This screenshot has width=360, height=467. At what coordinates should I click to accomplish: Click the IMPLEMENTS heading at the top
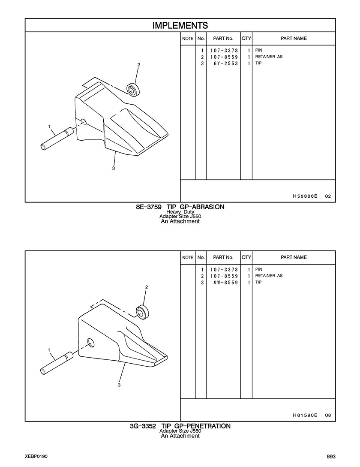click(x=180, y=25)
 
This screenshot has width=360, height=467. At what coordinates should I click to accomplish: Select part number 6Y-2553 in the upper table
click(x=226, y=63)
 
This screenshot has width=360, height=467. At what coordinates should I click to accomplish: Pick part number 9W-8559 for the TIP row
click(x=226, y=282)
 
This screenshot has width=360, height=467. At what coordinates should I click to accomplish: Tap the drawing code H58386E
click(x=305, y=196)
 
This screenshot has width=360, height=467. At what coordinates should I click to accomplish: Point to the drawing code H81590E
click(x=305, y=415)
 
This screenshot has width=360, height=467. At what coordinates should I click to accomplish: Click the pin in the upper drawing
click(x=57, y=138)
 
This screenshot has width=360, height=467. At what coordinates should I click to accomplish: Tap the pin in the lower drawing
click(x=57, y=363)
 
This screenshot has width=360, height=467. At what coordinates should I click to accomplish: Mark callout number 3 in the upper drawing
click(x=114, y=168)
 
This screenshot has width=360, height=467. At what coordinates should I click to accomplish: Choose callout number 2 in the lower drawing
click(x=147, y=287)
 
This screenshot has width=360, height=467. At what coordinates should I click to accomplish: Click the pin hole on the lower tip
click(x=90, y=343)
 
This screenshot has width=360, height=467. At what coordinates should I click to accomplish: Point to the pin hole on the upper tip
click(x=84, y=121)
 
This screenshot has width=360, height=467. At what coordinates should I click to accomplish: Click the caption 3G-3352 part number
click(x=143, y=426)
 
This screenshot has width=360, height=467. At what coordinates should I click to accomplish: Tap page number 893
click(x=331, y=457)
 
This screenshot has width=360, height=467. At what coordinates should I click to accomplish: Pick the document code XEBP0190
click(x=36, y=457)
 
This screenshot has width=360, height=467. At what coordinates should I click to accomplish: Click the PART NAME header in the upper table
click(x=294, y=39)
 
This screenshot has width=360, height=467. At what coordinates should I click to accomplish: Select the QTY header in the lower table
click(x=246, y=257)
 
